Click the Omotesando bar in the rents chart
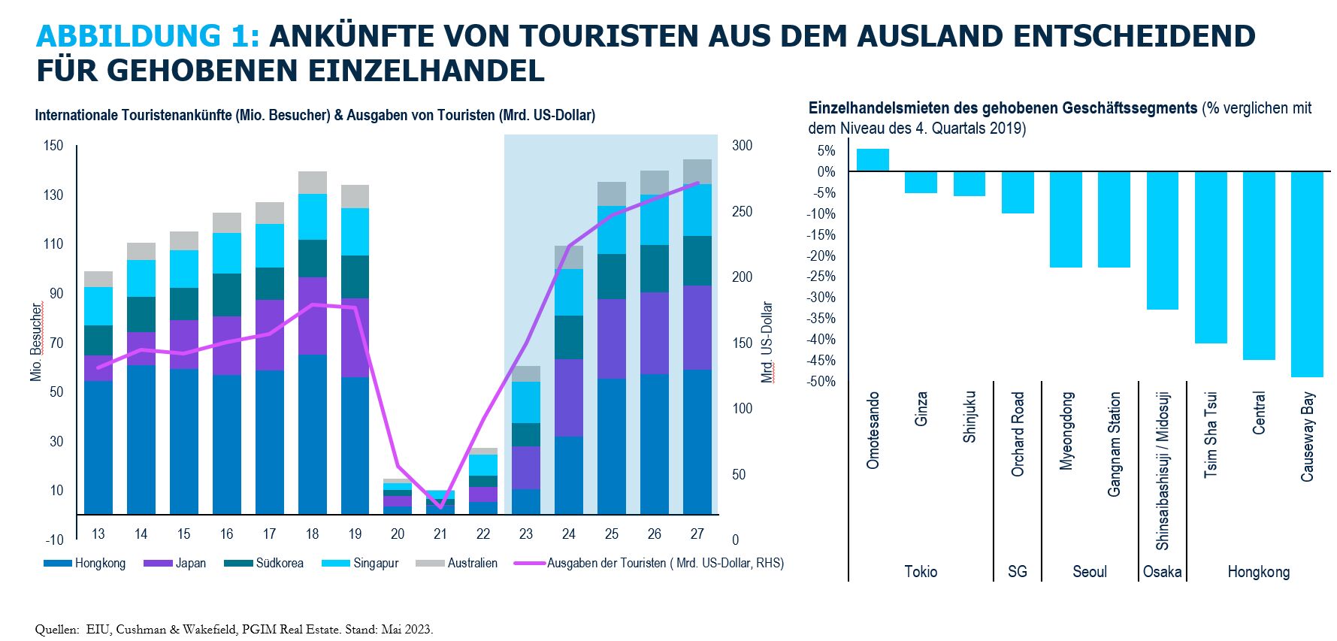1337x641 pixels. pyautogui.click(x=873, y=160)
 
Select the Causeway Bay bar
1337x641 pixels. pyautogui.click(x=1307, y=274)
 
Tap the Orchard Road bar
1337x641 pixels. pyautogui.click(x=1018, y=192)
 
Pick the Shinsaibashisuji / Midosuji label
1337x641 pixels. pyautogui.click(x=1162, y=470)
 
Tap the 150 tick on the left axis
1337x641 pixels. pyautogui.click(x=53, y=145)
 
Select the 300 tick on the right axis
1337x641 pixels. pyautogui.click(x=742, y=145)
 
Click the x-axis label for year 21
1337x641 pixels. pyautogui.click(x=440, y=534)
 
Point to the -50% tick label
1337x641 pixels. pyautogui.click(x=821, y=381)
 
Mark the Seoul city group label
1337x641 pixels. pyautogui.click(x=1090, y=571)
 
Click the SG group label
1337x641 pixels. pyautogui.click(x=1017, y=571)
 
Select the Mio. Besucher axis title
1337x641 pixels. pyautogui.click(x=36, y=342)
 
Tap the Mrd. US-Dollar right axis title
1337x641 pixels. pyautogui.click(x=767, y=342)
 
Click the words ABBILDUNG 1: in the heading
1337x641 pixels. pyautogui.click(x=148, y=36)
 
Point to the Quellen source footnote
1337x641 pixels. pyautogui.click(x=234, y=629)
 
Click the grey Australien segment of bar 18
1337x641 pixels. pyautogui.click(x=313, y=183)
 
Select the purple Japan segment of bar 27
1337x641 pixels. pyautogui.click(x=697, y=328)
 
